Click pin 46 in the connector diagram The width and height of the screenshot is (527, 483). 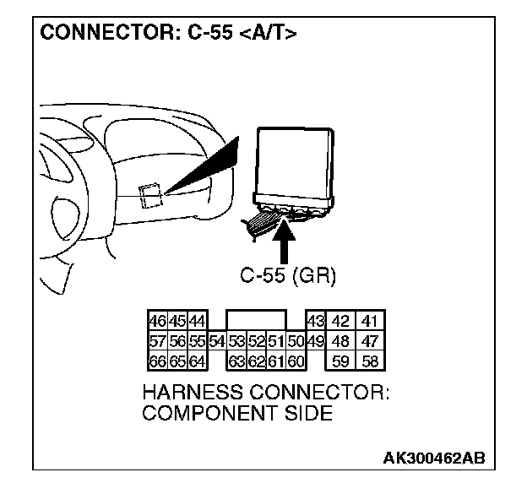coord(157,322)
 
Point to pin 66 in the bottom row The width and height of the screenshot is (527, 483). coord(157,362)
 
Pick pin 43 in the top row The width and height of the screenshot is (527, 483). coord(316,322)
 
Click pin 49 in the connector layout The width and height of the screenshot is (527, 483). coord(316,342)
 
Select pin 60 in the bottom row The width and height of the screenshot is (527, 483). coord(295,362)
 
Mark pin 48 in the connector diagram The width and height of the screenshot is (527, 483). coord(341,342)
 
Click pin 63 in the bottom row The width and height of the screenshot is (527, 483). coord(236,362)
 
